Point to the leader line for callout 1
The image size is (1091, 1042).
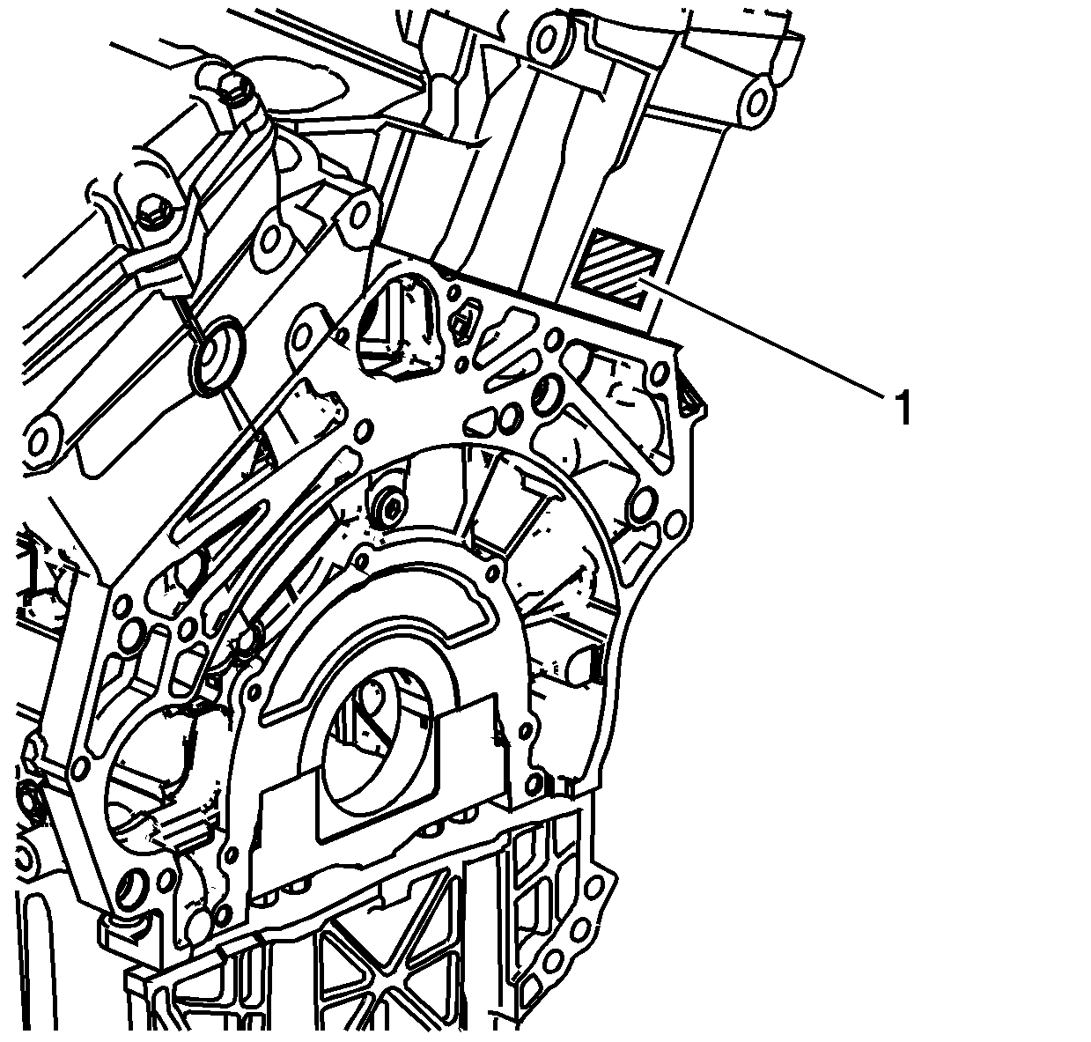[x=763, y=340]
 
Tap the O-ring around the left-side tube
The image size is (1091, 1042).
[x=217, y=357]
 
